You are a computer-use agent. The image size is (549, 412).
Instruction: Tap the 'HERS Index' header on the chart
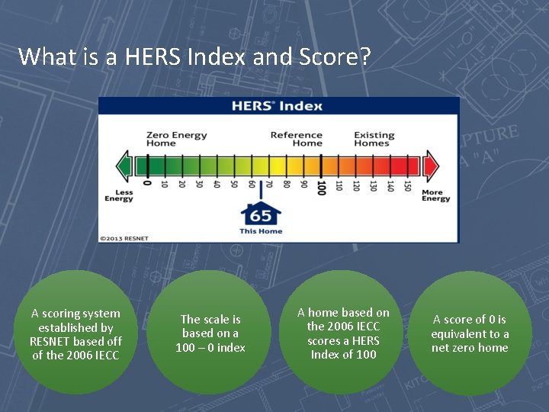pos(278,106)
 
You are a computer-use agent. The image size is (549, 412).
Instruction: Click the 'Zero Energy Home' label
pos(176,139)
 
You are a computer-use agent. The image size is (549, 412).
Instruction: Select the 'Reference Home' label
pos(297,139)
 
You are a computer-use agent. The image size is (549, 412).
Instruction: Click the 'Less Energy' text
pos(119,196)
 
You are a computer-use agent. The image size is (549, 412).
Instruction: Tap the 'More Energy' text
pos(436,196)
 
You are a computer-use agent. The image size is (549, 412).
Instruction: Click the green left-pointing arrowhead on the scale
pos(123,165)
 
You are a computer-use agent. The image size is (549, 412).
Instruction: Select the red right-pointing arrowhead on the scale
pos(432,165)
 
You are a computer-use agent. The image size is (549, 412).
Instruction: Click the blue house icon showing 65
pos(261,214)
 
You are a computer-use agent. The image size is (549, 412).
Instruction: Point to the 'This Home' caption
pos(261,231)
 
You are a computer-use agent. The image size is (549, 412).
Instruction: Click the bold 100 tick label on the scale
pos(321,186)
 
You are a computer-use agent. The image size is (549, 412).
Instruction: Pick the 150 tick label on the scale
pos(407,185)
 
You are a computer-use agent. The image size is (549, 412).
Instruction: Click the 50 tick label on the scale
pos(234,184)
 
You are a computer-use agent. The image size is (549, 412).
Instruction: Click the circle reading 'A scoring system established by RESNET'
pos(75,334)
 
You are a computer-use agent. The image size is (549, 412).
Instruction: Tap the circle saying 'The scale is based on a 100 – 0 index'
pos(210,333)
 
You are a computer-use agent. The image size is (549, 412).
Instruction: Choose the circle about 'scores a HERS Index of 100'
pos(343,333)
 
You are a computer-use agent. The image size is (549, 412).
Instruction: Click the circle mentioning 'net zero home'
pos(470,333)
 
